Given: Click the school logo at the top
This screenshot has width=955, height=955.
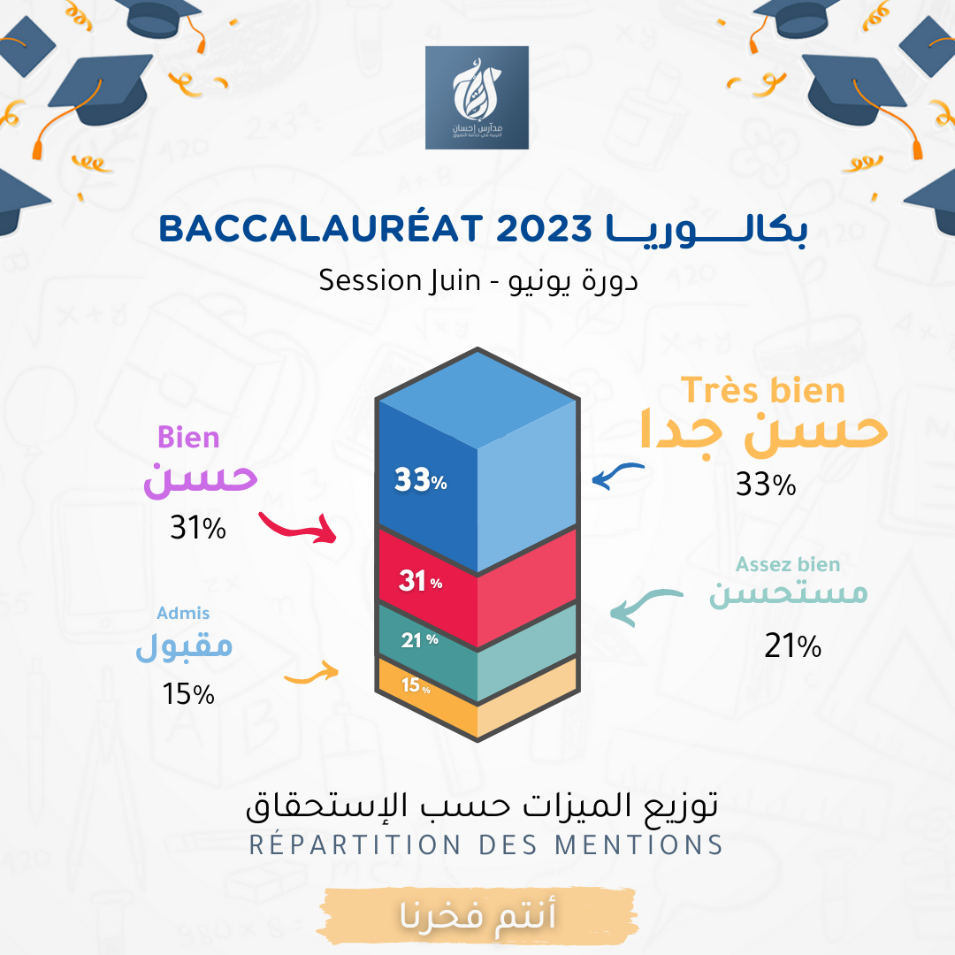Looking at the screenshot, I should [477, 97].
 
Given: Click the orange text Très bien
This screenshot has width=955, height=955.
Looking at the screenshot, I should [762, 390].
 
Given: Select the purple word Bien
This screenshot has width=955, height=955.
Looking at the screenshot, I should [188, 438].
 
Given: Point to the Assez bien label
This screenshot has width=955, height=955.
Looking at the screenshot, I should [788, 564].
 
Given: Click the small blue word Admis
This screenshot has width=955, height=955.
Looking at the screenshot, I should [183, 613].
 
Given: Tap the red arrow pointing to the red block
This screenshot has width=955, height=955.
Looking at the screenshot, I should [298, 527].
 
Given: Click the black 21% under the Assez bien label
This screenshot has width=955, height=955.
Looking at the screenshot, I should [793, 647].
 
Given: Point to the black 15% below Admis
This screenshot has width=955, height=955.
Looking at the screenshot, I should [188, 694].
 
